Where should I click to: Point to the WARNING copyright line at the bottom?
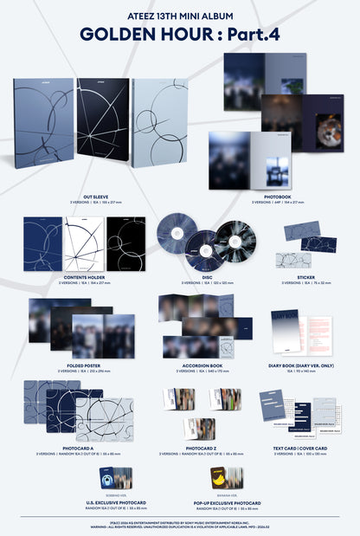click(180, 526)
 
